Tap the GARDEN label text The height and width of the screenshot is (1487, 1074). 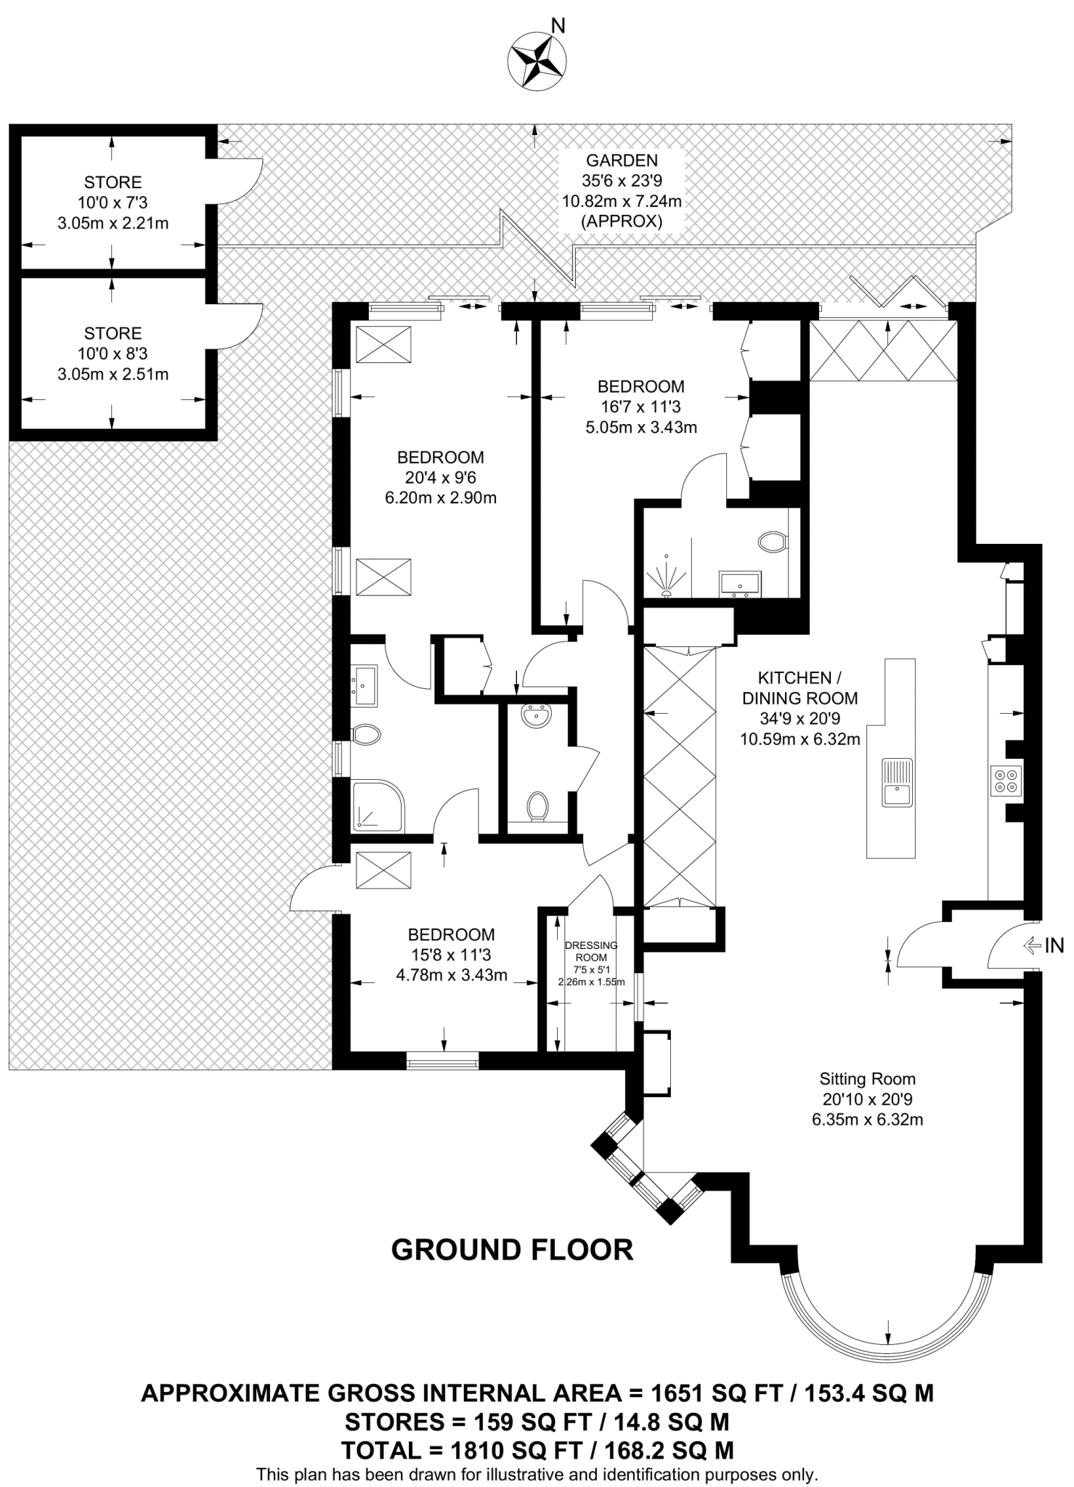622,160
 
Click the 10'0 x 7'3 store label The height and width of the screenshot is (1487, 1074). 113,203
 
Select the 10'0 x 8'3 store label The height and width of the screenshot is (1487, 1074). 113,354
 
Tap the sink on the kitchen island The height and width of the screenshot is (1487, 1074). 898,783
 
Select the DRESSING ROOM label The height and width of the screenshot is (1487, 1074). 591,950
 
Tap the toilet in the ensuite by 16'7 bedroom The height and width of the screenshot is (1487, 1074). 772,542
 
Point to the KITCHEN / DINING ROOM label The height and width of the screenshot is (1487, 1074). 800,688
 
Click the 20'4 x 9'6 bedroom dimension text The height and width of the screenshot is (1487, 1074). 440,478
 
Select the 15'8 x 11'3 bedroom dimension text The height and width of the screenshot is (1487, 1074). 451,955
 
